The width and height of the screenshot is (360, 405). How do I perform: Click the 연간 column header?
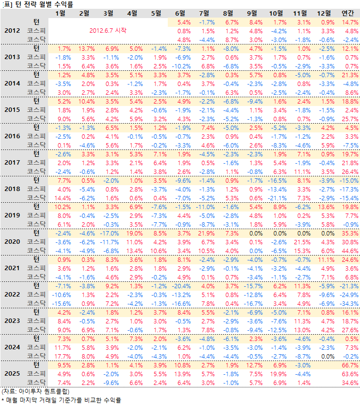coord(349,13)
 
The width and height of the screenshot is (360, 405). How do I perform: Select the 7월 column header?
coord(206,13)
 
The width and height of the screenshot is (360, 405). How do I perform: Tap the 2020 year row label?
coord(12,241)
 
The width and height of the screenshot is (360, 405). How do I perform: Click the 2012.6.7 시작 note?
coord(108,30)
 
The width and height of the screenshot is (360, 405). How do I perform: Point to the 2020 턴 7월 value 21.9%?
coord(205,233)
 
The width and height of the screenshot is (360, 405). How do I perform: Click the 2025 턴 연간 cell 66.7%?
coord(349,365)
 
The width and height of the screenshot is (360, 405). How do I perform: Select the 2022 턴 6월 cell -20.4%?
coord(181,286)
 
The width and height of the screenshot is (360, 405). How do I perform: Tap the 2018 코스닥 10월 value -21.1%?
coord(278,197)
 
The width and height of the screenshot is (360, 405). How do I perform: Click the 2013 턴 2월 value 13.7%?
coord(86,48)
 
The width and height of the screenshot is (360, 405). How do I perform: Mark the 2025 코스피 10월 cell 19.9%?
coord(278,374)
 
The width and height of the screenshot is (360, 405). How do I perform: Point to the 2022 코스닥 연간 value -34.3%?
coord(348,303)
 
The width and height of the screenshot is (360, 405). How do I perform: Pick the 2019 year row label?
coord(12,215)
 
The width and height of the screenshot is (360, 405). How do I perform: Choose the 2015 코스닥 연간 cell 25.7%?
coord(349,119)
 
